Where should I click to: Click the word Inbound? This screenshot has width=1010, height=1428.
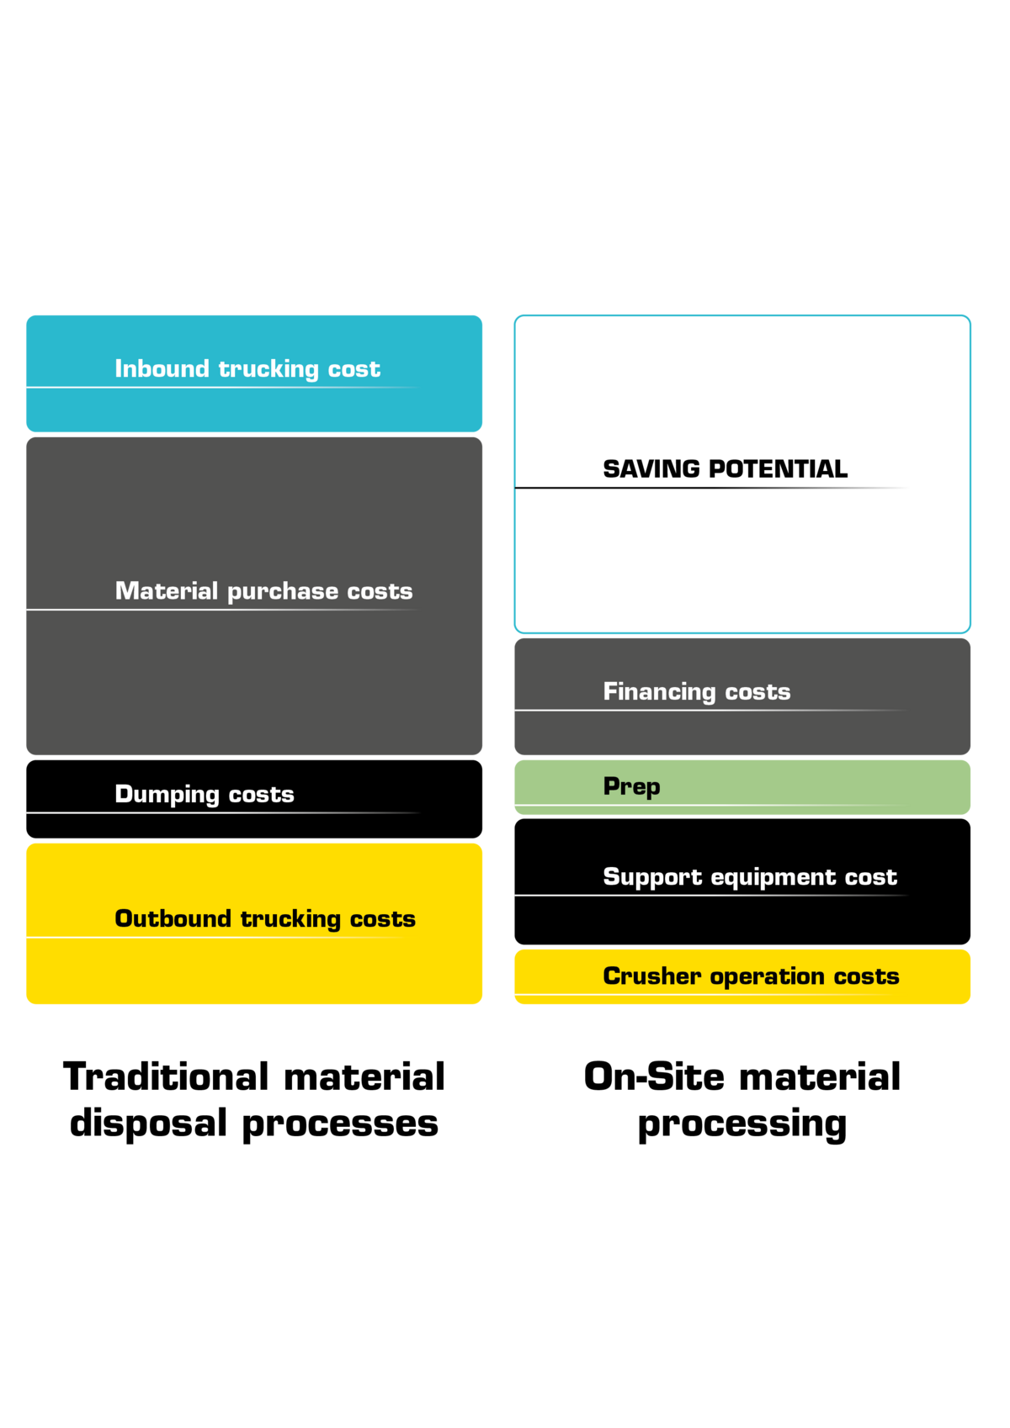(x=162, y=368)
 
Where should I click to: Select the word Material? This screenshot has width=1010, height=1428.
(x=167, y=590)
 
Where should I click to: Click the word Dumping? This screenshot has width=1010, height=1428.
(x=167, y=794)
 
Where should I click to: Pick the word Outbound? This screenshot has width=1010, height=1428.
(x=173, y=918)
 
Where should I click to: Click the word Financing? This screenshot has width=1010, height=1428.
(x=659, y=691)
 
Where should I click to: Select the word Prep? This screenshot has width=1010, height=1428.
(x=631, y=786)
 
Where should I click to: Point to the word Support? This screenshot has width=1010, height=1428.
(x=652, y=877)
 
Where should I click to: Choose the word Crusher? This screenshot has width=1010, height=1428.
(x=651, y=976)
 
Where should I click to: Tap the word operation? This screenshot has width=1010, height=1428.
(x=767, y=976)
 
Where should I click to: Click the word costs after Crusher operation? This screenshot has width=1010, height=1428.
(x=866, y=976)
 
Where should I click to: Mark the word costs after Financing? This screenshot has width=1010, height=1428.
(x=757, y=691)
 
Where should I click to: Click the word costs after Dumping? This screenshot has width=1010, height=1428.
(x=261, y=794)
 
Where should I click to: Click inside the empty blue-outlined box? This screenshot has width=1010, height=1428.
(x=742, y=473)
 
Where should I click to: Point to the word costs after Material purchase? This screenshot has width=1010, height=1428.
(x=380, y=591)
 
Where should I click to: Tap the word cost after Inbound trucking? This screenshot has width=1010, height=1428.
(x=353, y=369)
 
